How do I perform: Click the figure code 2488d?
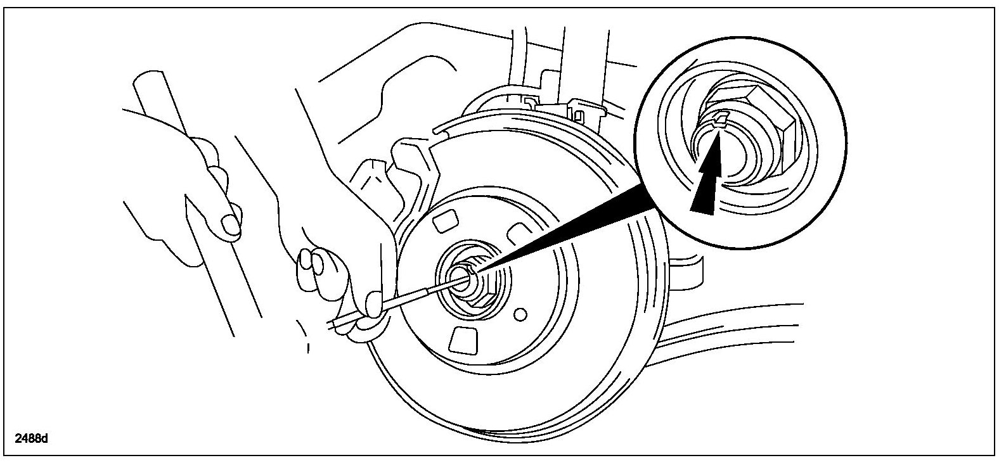point(32,438)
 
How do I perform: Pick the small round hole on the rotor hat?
point(521,314)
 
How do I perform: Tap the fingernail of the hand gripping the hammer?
point(230,224)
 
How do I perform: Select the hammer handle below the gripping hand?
point(222,291)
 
